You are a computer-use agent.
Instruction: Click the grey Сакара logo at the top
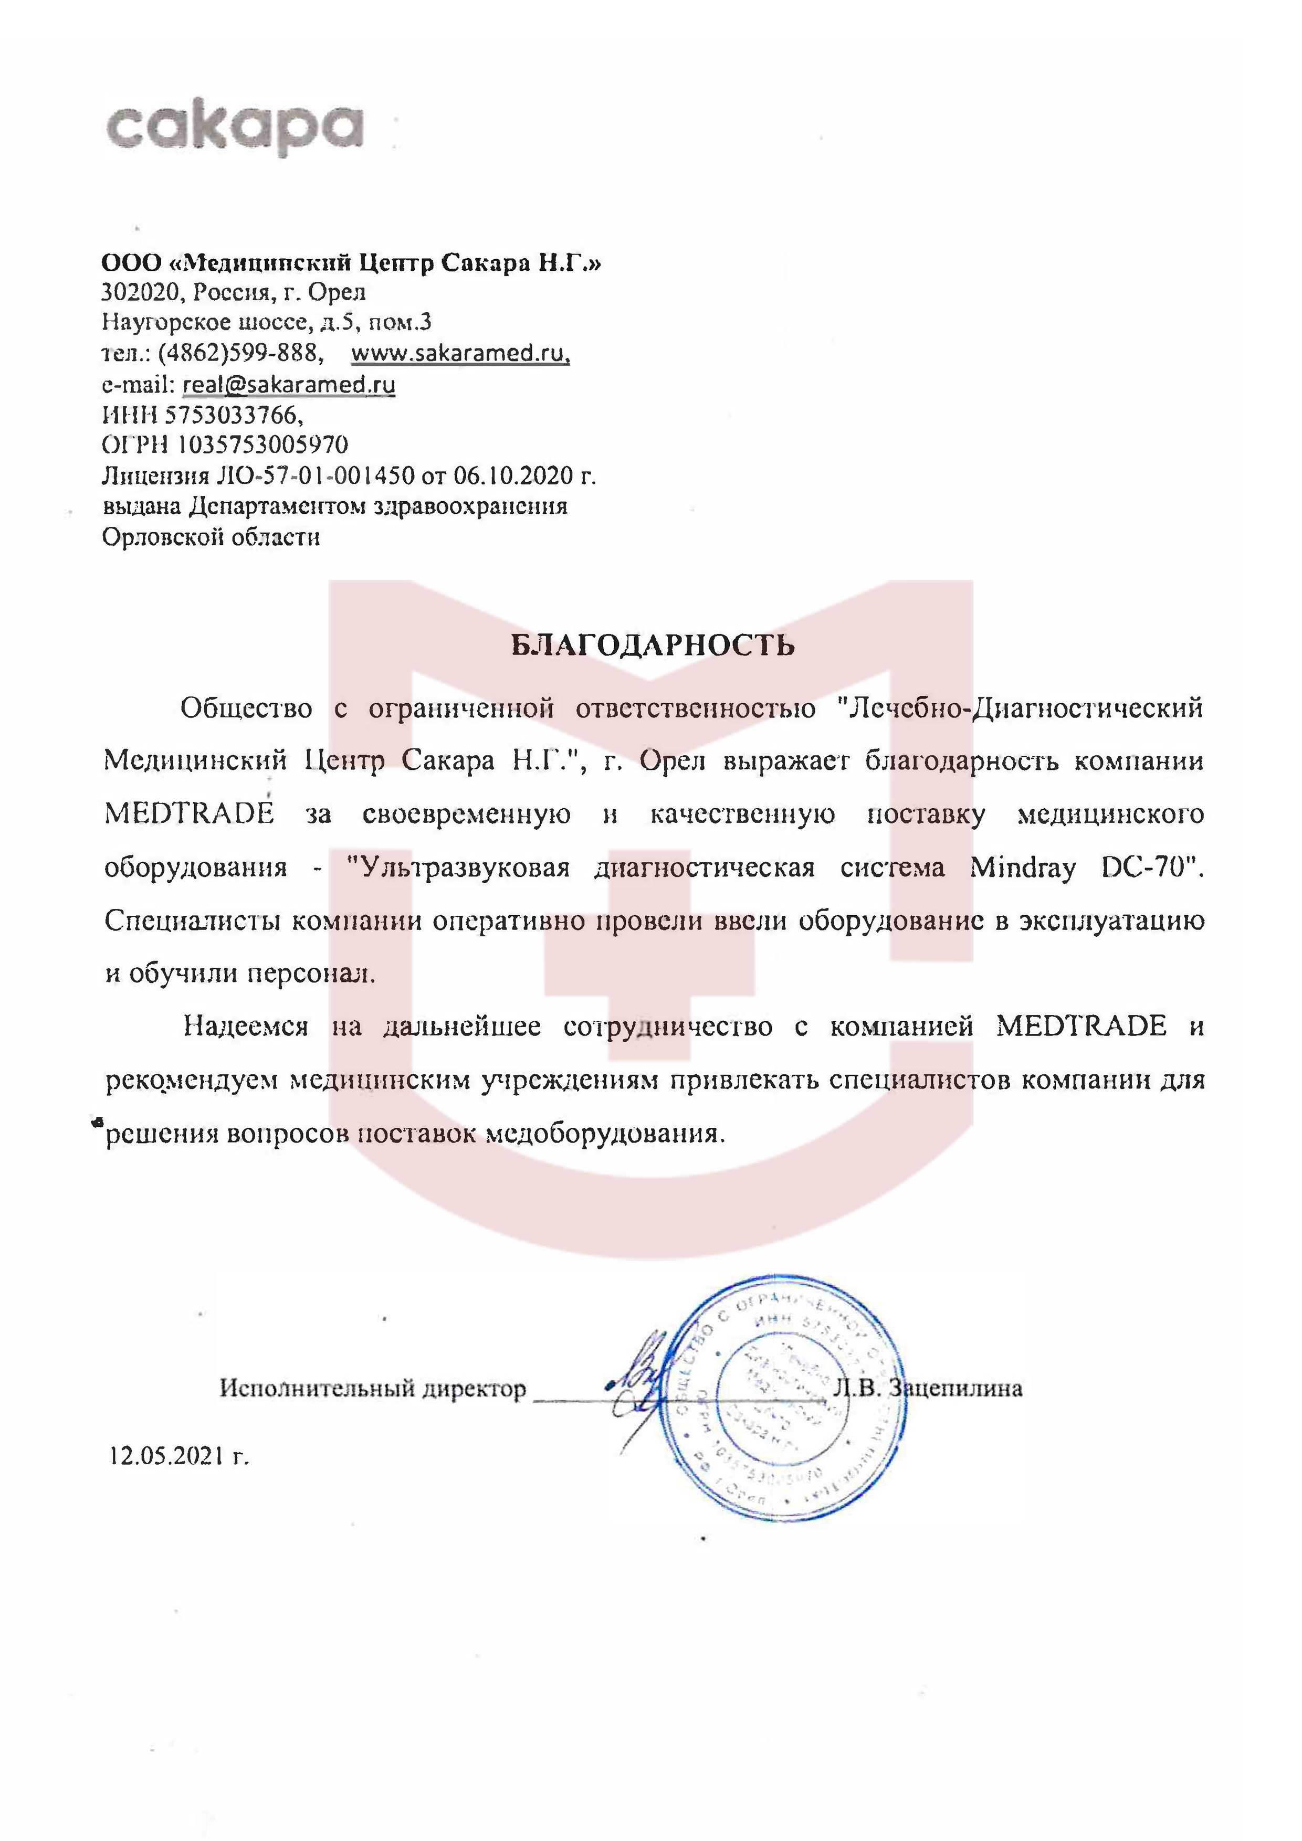pyautogui.click(x=234, y=128)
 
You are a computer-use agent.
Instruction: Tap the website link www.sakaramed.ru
pyautogui.click(x=460, y=353)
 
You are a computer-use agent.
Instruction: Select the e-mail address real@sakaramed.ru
pyautogui.click(x=289, y=384)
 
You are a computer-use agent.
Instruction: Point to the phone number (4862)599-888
pyautogui.click(x=240, y=353)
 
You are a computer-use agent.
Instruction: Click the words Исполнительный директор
pyautogui.click(x=373, y=1388)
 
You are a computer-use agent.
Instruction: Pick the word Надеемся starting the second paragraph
pyautogui.click(x=246, y=1027)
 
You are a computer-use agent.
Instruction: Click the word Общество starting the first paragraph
pyautogui.click(x=246, y=709)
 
